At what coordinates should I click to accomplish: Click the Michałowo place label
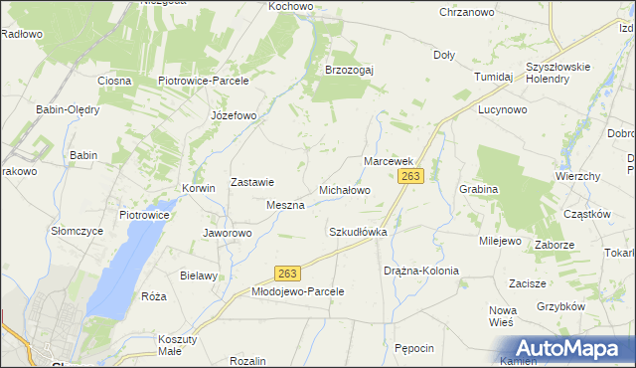point(344,189)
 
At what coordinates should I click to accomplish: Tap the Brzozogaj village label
point(349,70)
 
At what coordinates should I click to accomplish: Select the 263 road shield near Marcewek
point(411,176)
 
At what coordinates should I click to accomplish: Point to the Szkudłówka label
point(357,231)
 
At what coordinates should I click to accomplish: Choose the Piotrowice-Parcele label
point(203,81)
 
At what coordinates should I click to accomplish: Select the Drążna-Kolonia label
point(420,271)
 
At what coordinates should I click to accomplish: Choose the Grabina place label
point(478,188)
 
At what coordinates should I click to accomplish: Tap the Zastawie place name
point(252,182)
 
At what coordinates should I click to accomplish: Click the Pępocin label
point(414,348)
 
